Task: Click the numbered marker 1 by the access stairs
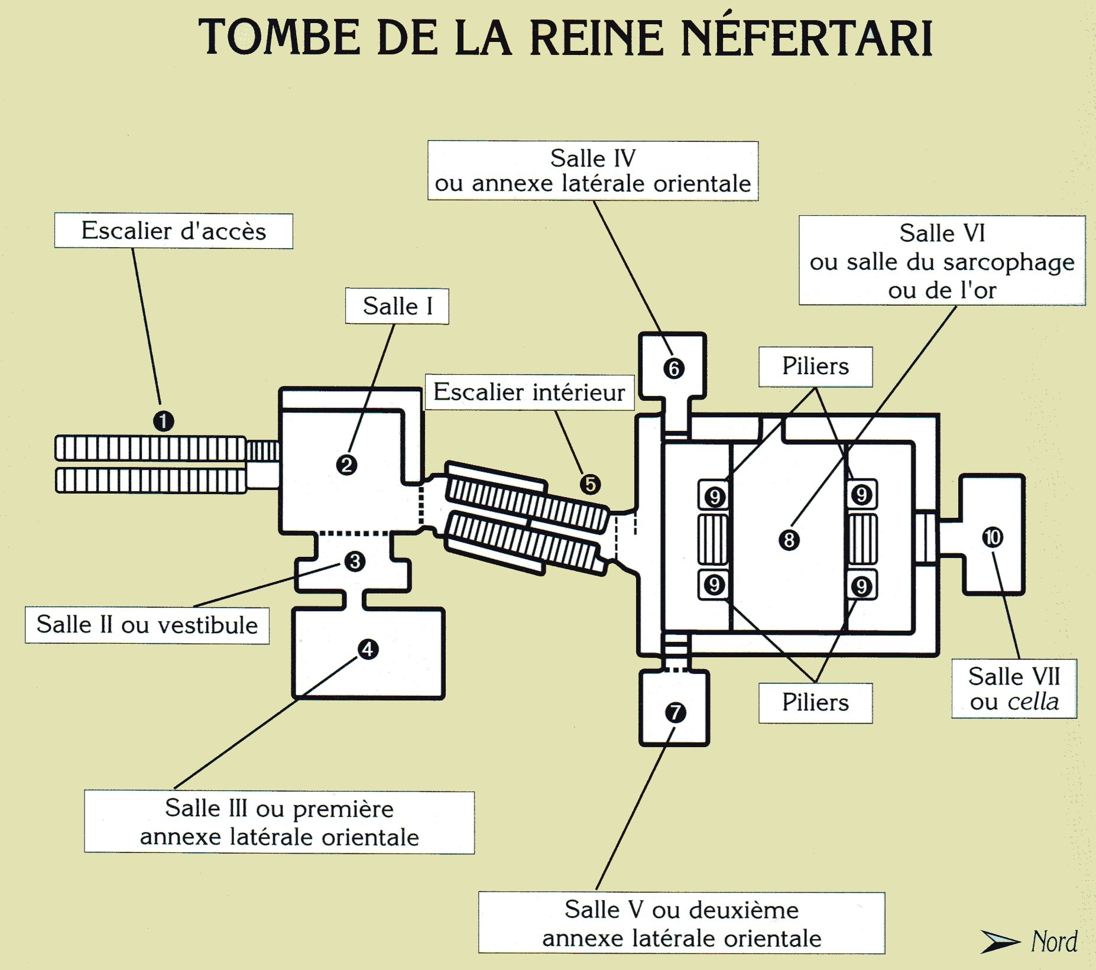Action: coord(164,421)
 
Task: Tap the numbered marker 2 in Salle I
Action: coord(346,465)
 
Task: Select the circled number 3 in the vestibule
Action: coord(355,561)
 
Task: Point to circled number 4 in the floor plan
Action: coord(368,649)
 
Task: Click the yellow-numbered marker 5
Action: coord(590,484)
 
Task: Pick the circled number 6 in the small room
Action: coord(674,368)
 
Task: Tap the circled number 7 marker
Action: coord(675,712)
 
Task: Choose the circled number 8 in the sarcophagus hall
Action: coord(789,540)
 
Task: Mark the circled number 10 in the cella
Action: coord(993,537)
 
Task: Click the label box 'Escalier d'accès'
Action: coord(174,231)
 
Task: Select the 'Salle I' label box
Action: coord(397,306)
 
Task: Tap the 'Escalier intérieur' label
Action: coord(530,392)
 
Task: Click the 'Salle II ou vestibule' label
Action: coord(147,625)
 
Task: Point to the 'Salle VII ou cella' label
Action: coord(1014,689)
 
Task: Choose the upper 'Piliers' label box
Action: coord(816,366)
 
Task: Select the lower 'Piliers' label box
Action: coord(816,703)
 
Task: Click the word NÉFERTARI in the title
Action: coord(807,38)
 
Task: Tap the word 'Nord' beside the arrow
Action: coord(1055,942)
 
